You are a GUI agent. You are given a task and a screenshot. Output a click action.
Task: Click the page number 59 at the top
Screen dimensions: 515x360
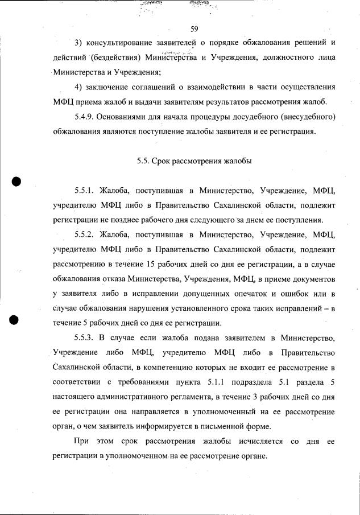(193, 29)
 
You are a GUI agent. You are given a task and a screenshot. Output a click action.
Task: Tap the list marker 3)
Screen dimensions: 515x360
(80, 43)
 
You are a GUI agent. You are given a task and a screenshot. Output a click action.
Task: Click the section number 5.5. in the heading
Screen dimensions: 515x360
(144, 161)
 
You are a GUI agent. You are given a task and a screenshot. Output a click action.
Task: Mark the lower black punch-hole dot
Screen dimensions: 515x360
(17, 319)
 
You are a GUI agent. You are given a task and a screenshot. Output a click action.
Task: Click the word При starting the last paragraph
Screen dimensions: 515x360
(82, 442)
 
